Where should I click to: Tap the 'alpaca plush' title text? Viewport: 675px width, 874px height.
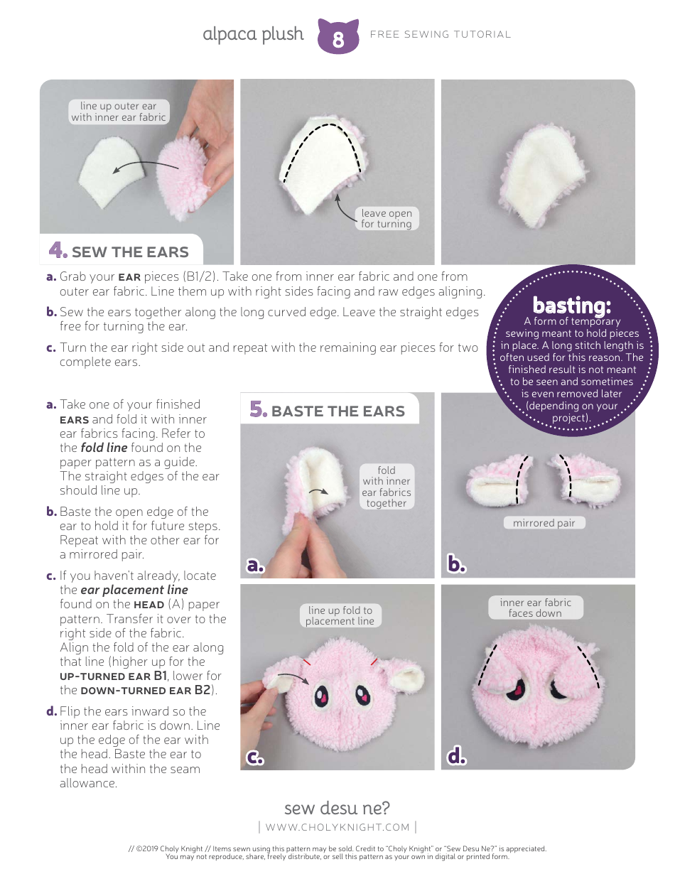tap(253, 34)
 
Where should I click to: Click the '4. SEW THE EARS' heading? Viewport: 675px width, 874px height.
tap(119, 252)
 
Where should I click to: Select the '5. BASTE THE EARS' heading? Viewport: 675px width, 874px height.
tap(328, 411)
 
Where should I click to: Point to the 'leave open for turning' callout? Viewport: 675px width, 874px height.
tap(386, 218)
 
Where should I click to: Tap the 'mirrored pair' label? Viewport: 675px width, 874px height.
tap(544, 523)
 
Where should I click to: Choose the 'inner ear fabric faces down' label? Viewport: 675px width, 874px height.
tap(535, 608)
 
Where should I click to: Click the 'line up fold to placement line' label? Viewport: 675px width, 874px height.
tap(340, 615)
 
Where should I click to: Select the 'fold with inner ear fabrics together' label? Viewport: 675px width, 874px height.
tap(387, 487)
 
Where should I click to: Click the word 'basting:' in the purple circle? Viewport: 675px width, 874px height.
tap(571, 306)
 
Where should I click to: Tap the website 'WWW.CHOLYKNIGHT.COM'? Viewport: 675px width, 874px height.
tap(337, 827)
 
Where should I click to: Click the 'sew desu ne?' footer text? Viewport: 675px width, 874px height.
tap(337, 808)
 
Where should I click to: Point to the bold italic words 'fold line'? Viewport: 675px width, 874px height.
tap(104, 448)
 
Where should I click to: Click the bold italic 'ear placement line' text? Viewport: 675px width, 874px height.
tap(134, 590)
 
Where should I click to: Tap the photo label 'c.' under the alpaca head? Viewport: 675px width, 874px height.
tap(256, 758)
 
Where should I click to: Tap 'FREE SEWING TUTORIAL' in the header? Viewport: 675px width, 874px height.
tap(441, 34)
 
